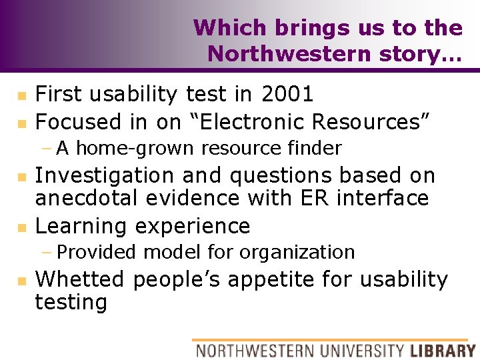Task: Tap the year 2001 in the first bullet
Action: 287,94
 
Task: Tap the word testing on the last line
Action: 71,302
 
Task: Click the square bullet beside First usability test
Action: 21,96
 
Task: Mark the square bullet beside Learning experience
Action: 21,228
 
